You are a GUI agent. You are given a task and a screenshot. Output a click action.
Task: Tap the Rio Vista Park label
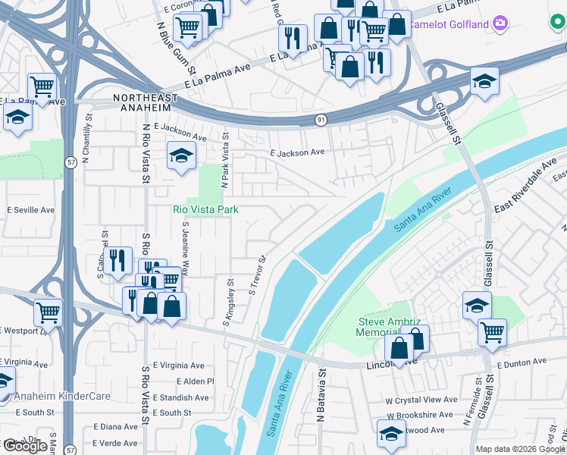pyautogui.click(x=205, y=209)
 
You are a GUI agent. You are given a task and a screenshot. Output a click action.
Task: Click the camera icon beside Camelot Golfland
pyautogui.click(x=499, y=24)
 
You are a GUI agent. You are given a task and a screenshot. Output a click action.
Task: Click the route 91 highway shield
pyautogui.click(x=321, y=120)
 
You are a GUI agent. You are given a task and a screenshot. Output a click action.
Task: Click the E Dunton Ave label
pyautogui.click(x=522, y=365)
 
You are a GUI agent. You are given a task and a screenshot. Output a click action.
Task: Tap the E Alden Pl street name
pyautogui.click(x=196, y=381)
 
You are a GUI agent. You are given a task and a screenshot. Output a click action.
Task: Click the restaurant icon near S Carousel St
pyautogui.click(x=116, y=261)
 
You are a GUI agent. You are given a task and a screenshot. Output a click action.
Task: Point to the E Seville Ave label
pyautogui.click(x=31, y=209)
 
